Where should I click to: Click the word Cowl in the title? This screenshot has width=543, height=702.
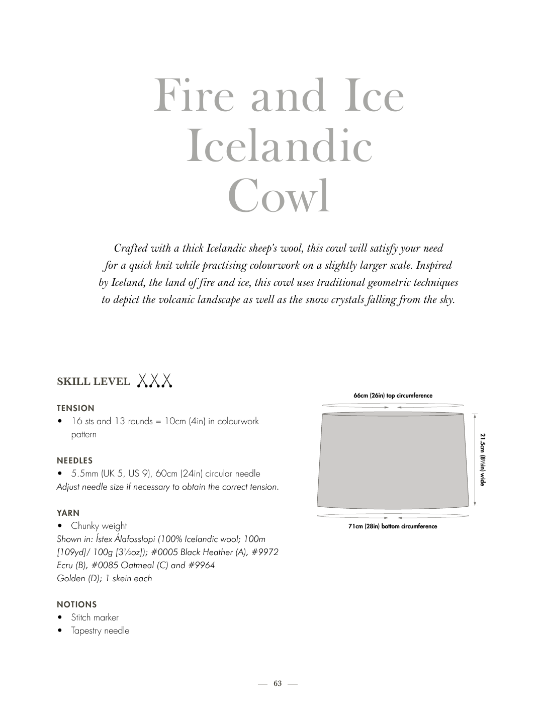pyautogui.click(x=279, y=196)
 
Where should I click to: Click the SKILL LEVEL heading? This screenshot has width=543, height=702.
pyautogui.click(x=94, y=381)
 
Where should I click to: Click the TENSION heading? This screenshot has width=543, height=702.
pyautogui.click(x=75, y=408)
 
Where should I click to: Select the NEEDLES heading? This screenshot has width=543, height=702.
pyautogui.click(x=75, y=460)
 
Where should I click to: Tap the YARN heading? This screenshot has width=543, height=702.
pyautogui.click(x=68, y=513)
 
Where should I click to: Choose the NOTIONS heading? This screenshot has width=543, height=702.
pyautogui.click(x=77, y=604)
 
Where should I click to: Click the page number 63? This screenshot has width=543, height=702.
pyautogui.click(x=278, y=683)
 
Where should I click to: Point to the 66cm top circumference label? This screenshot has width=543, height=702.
pyautogui.click(x=393, y=396)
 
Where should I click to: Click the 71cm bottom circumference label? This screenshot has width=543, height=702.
pyautogui.click(x=393, y=526)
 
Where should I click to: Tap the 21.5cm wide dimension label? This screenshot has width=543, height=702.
pyautogui.click(x=482, y=459)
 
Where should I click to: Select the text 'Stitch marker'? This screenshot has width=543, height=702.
pyautogui.click(x=95, y=617)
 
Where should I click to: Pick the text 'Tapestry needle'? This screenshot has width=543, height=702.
pyautogui.click(x=100, y=631)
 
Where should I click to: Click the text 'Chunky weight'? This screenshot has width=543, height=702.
pyautogui.click(x=99, y=526)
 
